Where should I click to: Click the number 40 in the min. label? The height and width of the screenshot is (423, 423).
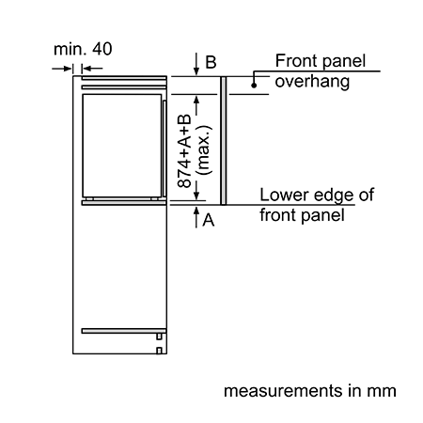[x=102, y=49]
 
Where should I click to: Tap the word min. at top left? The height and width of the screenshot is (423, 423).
[x=70, y=49]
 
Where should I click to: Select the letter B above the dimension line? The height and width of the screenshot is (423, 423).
[x=211, y=62]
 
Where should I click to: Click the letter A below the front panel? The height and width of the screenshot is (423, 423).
[x=209, y=220]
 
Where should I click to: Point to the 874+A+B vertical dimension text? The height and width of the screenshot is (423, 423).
[x=184, y=151]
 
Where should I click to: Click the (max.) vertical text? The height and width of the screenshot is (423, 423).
[x=203, y=150]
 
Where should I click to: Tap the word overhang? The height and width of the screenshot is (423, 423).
[x=312, y=82]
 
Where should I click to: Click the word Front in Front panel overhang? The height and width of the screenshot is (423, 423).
[x=296, y=60]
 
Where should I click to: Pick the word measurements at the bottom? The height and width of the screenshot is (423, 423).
[x=283, y=391]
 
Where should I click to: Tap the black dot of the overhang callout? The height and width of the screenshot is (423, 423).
[x=254, y=85]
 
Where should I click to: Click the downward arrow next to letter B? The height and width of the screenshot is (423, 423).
[x=196, y=64]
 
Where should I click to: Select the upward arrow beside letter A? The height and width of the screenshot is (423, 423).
[x=196, y=217]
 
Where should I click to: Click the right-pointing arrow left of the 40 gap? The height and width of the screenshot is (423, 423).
[x=62, y=69]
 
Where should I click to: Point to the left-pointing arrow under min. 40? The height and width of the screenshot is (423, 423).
[x=92, y=69]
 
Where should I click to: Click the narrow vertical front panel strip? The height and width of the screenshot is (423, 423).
[x=223, y=141]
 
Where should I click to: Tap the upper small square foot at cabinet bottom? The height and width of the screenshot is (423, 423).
[x=159, y=337]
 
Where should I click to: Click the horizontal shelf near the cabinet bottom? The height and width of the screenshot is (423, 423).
[x=124, y=331]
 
